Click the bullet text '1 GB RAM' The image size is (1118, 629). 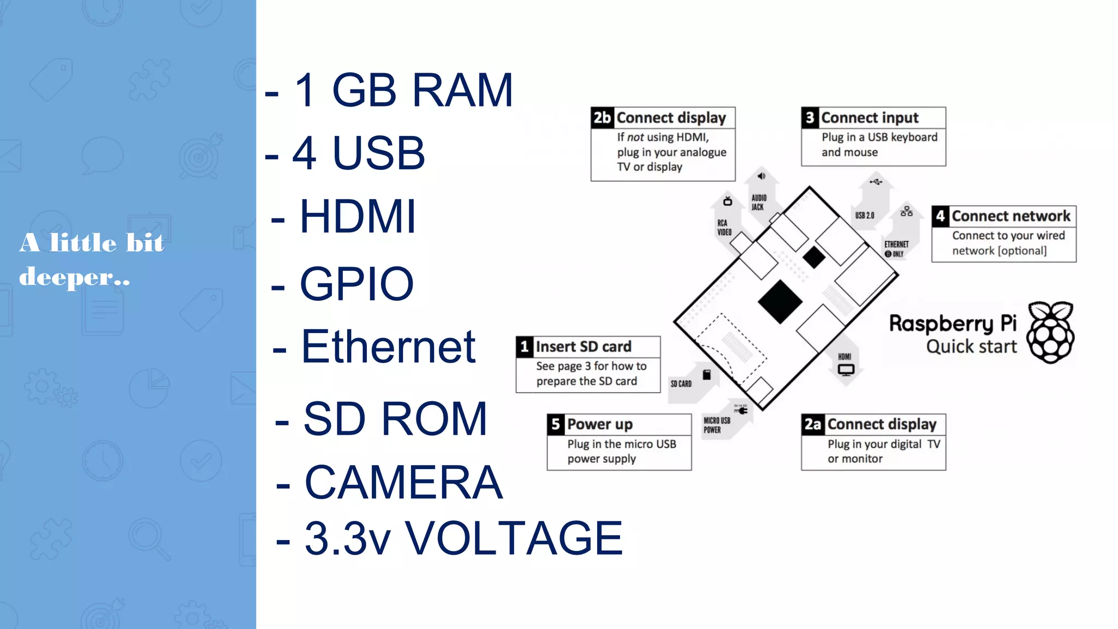point(403,91)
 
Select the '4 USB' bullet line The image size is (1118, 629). point(359,153)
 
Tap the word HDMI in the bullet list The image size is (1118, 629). point(358,217)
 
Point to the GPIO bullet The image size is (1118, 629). point(356,284)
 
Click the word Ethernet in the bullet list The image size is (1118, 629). point(388,347)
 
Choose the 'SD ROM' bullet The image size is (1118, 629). point(395,419)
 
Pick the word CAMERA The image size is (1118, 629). point(403,483)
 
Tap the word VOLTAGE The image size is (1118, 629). point(514,539)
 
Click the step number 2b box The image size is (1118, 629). point(602,118)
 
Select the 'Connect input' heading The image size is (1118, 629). point(870,118)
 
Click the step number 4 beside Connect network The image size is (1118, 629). point(940,216)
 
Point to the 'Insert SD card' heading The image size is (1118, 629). point(583,347)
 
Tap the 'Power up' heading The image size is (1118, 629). point(599,424)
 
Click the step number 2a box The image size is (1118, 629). point(812,424)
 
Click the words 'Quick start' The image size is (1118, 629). point(971,347)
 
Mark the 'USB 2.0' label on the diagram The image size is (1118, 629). point(865,216)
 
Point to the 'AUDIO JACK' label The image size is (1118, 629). point(759,203)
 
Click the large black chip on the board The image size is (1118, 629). point(780,302)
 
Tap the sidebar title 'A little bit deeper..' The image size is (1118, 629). point(92,260)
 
